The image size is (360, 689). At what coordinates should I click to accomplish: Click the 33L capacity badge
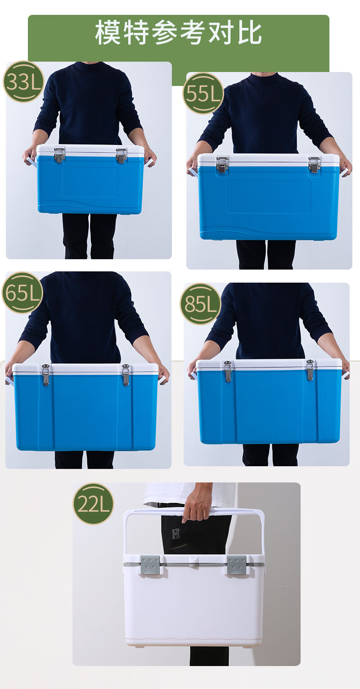tap(23, 82)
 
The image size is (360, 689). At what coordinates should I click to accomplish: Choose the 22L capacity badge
tap(93, 504)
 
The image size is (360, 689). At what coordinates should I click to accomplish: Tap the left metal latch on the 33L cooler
tap(59, 154)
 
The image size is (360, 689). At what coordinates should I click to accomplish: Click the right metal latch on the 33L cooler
tap(121, 155)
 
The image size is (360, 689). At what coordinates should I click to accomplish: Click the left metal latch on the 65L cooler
tap(46, 375)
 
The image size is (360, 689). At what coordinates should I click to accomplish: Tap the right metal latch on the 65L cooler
tap(126, 375)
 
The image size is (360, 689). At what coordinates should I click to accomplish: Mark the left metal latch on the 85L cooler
tap(228, 371)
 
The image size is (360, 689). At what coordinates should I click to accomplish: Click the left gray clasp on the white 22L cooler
tap(150, 565)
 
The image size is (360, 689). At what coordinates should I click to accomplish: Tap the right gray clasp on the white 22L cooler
tap(237, 565)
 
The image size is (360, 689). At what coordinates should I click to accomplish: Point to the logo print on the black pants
tap(175, 534)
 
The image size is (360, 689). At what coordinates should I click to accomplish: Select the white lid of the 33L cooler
tap(90, 151)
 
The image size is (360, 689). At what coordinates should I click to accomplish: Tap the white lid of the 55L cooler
tap(268, 160)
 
